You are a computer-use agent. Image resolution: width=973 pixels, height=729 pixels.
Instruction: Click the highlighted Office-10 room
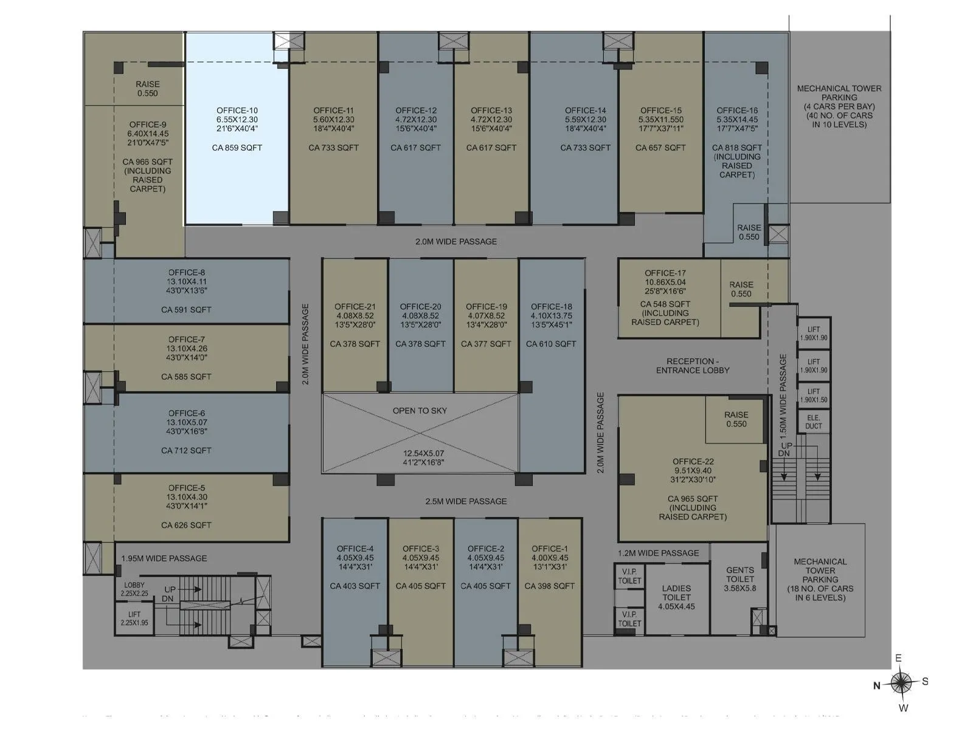(x=237, y=129)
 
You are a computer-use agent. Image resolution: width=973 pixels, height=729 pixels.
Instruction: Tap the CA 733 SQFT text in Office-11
(x=333, y=148)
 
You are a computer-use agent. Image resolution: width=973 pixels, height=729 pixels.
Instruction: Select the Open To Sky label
(x=420, y=411)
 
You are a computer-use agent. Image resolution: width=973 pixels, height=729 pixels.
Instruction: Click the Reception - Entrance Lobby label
(x=693, y=366)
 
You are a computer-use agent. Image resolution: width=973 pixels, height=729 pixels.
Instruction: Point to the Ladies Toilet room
(x=676, y=597)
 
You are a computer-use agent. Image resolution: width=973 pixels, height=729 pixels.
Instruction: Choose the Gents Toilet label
(x=740, y=575)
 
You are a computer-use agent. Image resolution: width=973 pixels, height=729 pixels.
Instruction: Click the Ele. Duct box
(x=814, y=422)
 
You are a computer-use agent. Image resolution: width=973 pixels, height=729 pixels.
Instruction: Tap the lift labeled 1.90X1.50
(x=814, y=395)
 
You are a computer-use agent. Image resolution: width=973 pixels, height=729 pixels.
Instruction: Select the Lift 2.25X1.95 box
(x=134, y=618)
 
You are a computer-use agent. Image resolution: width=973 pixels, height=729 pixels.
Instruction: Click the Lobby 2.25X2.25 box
(x=134, y=589)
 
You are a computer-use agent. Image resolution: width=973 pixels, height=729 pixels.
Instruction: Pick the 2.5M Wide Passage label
(x=466, y=501)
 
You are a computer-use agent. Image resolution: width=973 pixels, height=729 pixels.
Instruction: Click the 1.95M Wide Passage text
(x=164, y=558)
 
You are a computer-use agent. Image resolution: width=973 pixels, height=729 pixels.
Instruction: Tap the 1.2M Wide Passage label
(x=659, y=553)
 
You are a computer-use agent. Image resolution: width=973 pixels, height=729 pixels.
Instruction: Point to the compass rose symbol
(x=902, y=683)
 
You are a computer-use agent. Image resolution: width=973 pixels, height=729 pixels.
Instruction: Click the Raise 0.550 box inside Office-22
(x=736, y=419)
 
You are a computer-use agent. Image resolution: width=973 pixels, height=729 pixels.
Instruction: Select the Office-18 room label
(x=551, y=307)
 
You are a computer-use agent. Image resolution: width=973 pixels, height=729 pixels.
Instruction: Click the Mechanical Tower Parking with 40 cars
(x=839, y=106)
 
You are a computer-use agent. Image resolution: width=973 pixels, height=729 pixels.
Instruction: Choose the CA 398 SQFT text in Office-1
(x=549, y=586)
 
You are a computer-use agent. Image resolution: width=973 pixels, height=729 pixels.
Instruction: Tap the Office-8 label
(x=186, y=273)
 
